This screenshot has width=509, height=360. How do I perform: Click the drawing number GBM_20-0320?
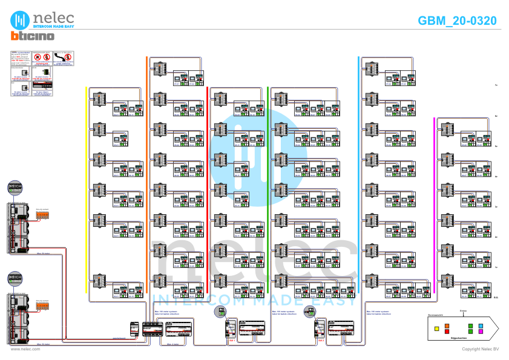pyautogui.click(x=457, y=21)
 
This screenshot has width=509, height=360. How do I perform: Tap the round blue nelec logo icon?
pyautogui.click(x=20, y=20)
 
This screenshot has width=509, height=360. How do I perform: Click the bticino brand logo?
pyautogui.click(x=32, y=36)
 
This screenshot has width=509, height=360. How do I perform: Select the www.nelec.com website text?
pyautogui.click(x=25, y=349)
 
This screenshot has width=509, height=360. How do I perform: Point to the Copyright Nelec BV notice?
pyautogui.click(x=480, y=349)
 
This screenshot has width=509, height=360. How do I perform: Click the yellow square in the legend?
pyautogui.click(x=436, y=328)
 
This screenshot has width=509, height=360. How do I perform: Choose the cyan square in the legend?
pyautogui.click(x=481, y=326)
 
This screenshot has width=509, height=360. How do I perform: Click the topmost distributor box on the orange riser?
pyautogui.click(x=160, y=68)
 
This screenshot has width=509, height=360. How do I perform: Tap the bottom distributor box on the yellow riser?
pyautogui.click(x=99, y=281)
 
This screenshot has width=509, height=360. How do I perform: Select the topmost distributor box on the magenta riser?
pyautogui.click(x=447, y=129)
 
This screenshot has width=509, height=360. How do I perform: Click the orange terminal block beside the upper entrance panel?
pyautogui.click(x=42, y=215)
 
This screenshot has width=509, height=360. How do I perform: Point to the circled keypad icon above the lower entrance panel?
pyautogui.click(x=15, y=278)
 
